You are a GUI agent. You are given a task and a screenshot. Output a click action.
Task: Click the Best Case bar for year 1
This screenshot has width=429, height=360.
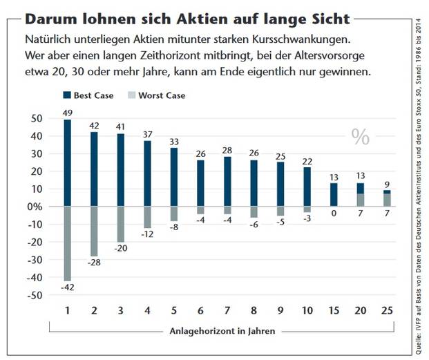coord(67,163)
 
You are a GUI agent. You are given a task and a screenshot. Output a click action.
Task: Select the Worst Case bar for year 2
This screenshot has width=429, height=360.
coord(94,231)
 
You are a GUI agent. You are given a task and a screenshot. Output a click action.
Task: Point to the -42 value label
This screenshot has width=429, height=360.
coord(67,287)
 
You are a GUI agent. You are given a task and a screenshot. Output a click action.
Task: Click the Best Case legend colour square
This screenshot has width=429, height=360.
coord(66,95)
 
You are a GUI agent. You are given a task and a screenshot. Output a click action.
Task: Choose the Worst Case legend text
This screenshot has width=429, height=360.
coord(162,95)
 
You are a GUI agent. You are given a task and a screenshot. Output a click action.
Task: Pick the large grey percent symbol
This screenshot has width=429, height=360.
coord(361,137)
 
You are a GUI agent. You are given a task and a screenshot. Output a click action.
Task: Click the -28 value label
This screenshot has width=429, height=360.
coord(94,262)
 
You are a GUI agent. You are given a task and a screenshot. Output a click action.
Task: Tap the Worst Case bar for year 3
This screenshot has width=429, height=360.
coord(120,224)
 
